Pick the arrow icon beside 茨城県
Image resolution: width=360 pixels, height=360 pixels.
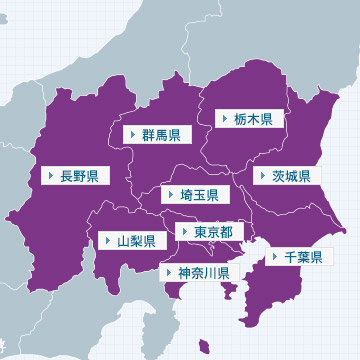coord(264,176)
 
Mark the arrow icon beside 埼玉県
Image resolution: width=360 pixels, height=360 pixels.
coord(171,195)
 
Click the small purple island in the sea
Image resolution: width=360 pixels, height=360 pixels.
coord(204,348)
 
